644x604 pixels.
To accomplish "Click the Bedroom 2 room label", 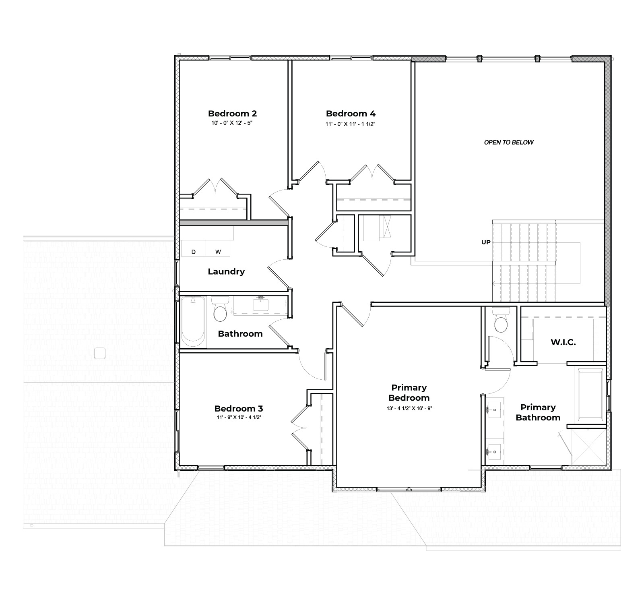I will coord(232,114).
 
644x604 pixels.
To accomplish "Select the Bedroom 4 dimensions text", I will coord(350,124).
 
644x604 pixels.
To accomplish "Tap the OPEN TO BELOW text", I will coord(508,142).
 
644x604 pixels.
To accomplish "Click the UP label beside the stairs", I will coord(486,242).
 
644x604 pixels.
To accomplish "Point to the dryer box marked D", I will coord(193,252).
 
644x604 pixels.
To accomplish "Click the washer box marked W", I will coord(218,252).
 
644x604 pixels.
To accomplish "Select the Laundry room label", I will coord(226,271).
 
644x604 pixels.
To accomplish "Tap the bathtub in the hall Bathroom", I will coord(192,322).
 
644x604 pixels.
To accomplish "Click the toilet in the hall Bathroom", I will coord(220,312).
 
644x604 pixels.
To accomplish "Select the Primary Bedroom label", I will coord(409,393).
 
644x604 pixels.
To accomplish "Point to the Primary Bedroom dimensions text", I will coord(409,408).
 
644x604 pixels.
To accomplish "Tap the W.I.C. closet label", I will coord(563,342).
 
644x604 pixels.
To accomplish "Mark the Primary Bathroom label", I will coord(538,412).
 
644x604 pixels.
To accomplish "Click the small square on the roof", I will coord(99,353).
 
